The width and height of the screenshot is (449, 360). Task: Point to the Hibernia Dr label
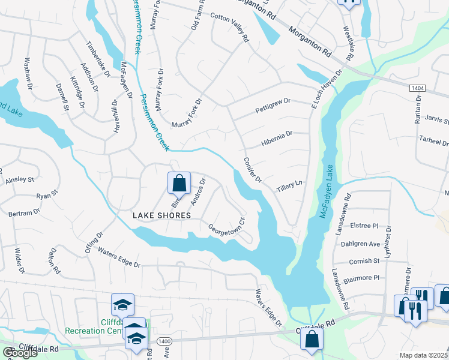[276, 139]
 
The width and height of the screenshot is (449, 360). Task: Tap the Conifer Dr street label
[253, 170]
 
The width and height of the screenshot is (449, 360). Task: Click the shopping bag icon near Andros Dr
[179, 183]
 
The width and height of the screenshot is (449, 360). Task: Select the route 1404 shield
[418, 88]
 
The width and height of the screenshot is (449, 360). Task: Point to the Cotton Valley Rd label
[230, 28]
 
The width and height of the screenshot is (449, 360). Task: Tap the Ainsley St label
[20, 179]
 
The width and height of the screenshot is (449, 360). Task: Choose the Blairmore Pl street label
[364, 278]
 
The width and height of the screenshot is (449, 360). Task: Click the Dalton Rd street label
[55, 262]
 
